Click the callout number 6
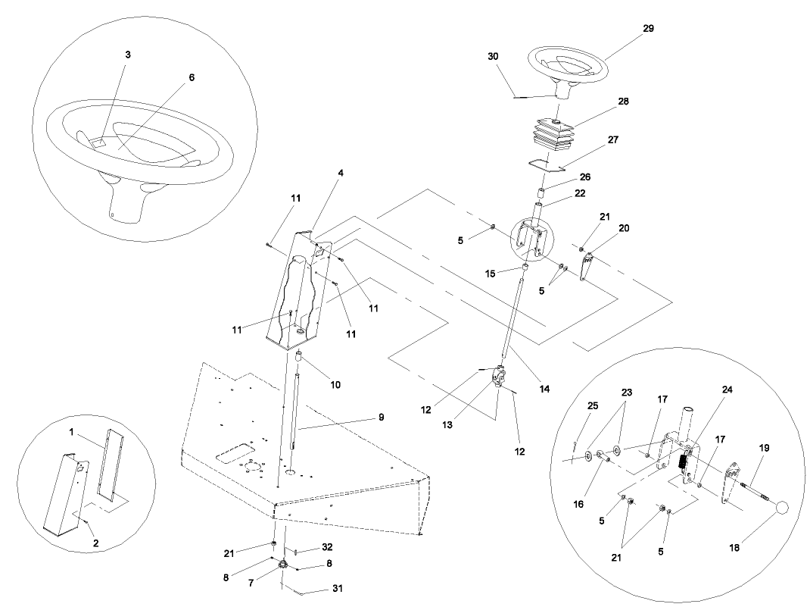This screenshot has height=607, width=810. (192, 77)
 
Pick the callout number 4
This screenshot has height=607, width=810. (341, 173)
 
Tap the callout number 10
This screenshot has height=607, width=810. (335, 385)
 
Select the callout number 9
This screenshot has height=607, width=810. (381, 417)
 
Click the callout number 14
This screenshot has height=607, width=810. (544, 389)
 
